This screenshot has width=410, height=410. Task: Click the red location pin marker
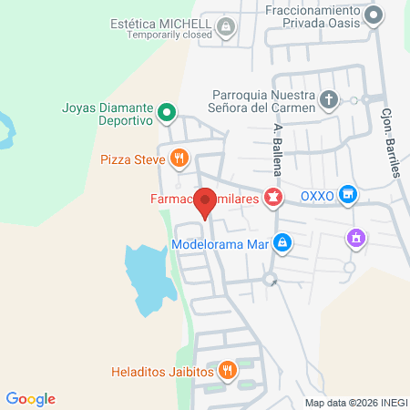tap(206, 201)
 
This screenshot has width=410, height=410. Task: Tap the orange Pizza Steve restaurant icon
tap(180, 159)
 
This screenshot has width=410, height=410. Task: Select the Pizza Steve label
tap(132, 159)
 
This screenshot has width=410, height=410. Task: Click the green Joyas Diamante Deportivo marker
tap(167, 113)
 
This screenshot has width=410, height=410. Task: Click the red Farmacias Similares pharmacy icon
tap(272, 196)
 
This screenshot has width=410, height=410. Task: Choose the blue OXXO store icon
tap(346, 194)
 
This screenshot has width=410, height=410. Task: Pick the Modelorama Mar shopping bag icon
tap(283, 242)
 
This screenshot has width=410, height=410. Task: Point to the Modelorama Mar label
tap(220, 243)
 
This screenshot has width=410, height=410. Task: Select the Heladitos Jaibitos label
tap(161, 372)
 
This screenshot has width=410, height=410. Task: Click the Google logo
tap(31, 399)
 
